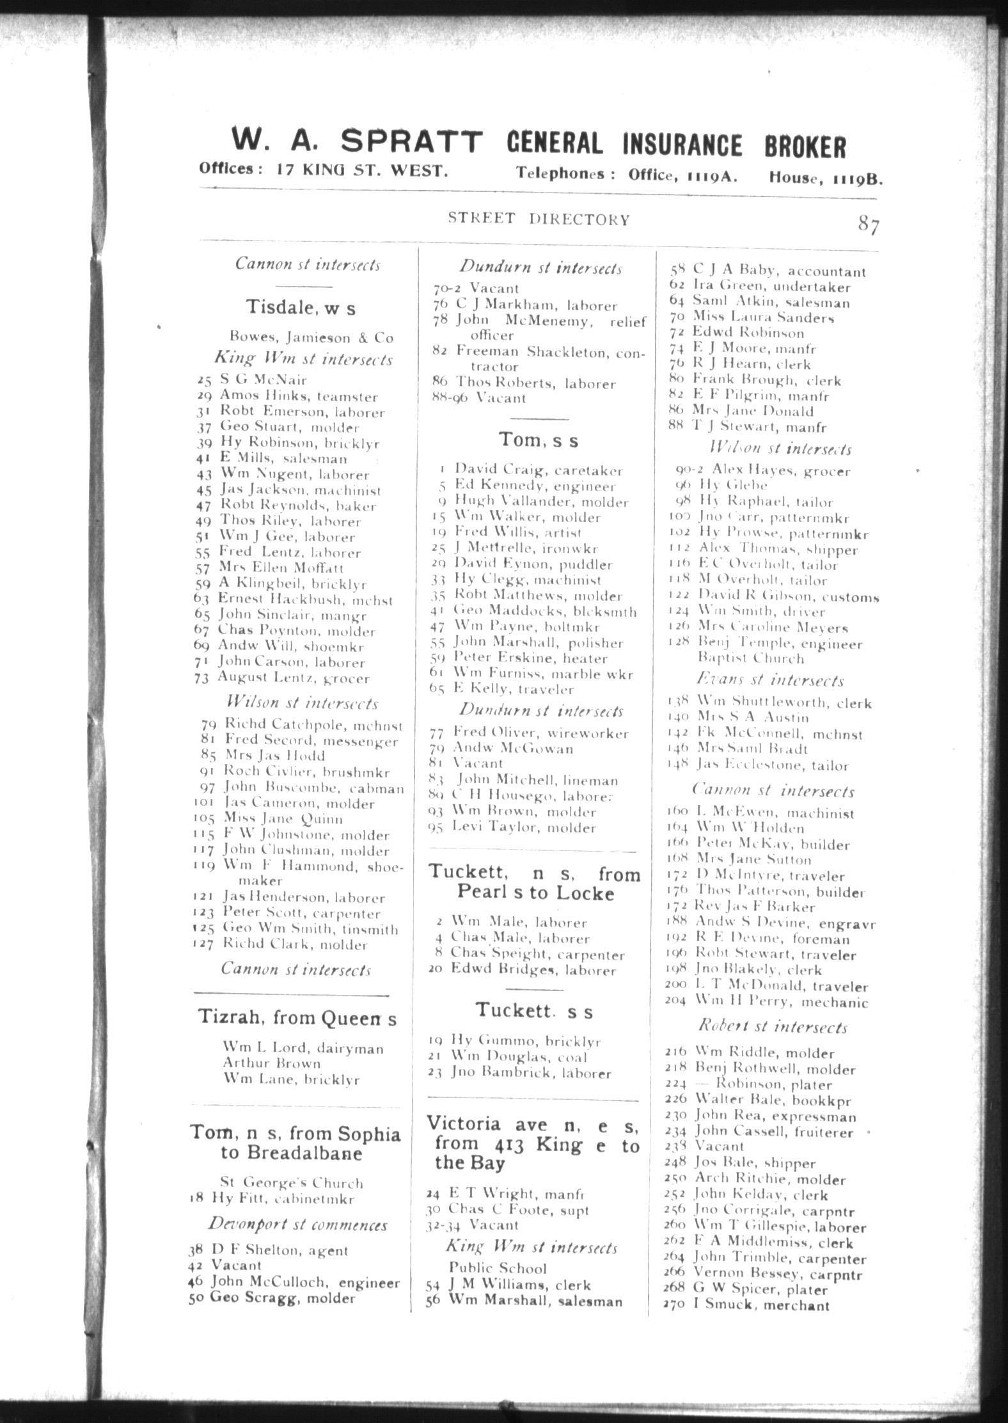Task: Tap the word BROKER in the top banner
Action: pyautogui.click(x=805, y=146)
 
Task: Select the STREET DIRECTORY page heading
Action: pyautogui.click(x=539, y=219)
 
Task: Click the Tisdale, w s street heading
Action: pyautogui.click(x=301, y=308)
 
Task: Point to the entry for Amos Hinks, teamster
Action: pyautogui.click(x=298, y=397)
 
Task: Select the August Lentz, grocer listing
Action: pyautogui.click(x=293, y=678)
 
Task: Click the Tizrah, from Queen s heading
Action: pyautogui.click(x=297, y=1017)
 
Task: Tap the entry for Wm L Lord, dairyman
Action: pyautogui.click(x=303, y=1048)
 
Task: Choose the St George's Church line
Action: pyautogui.click(x=291, y=1183)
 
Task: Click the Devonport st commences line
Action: pyautogui.click(x=297, y=1225)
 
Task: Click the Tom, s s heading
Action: pyautogui.click(x=539, y=440)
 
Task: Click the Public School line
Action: pyautogui.click(x=498, y=1268)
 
